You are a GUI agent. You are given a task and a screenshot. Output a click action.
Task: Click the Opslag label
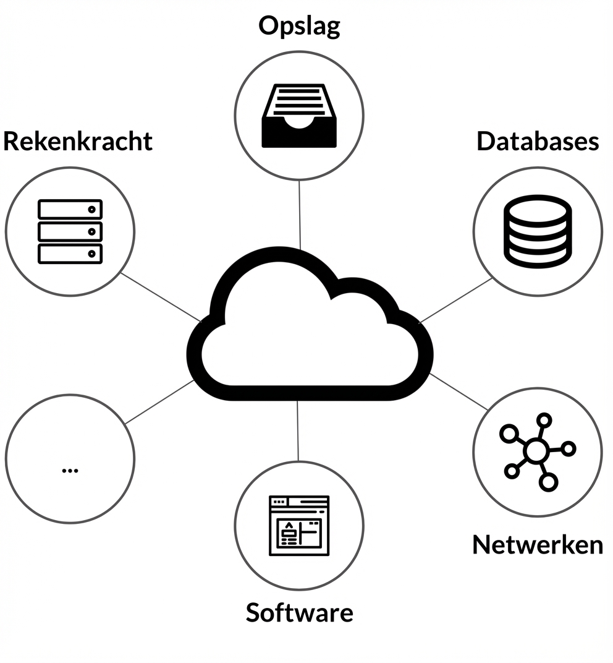coord(299,27)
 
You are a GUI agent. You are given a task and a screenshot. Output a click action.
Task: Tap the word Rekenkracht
coord(78,141)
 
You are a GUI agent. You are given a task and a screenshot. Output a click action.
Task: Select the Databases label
coord(538,141)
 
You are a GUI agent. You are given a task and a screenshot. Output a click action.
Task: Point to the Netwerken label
coord(538,544)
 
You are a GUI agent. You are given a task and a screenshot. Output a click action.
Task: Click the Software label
coord(299,612)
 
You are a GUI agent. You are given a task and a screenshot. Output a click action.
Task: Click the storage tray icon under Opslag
coord(299,116)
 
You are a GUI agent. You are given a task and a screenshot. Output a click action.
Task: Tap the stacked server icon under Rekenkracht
coord(70,231)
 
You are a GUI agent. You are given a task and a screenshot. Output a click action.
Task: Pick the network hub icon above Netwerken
coord(536,451)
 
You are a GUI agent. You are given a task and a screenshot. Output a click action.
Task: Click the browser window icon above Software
coord(299,525)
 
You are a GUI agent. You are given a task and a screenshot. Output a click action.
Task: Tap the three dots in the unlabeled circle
coord(70,469)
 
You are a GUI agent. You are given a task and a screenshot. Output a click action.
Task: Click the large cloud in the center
coord(309,346)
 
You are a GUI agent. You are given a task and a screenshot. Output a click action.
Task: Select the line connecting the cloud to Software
coord(298,430)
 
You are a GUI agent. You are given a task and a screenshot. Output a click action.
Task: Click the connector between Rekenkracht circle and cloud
coord(161,297)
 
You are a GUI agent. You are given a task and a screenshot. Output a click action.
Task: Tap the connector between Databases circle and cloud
coord(456,301)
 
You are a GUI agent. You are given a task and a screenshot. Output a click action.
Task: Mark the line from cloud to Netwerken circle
coord(459,391)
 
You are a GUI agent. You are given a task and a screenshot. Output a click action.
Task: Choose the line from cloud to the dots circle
coord(160,402)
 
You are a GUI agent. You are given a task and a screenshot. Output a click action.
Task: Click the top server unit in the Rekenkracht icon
coord(70,209)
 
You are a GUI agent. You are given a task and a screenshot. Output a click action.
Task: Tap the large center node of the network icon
coord(535,452)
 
